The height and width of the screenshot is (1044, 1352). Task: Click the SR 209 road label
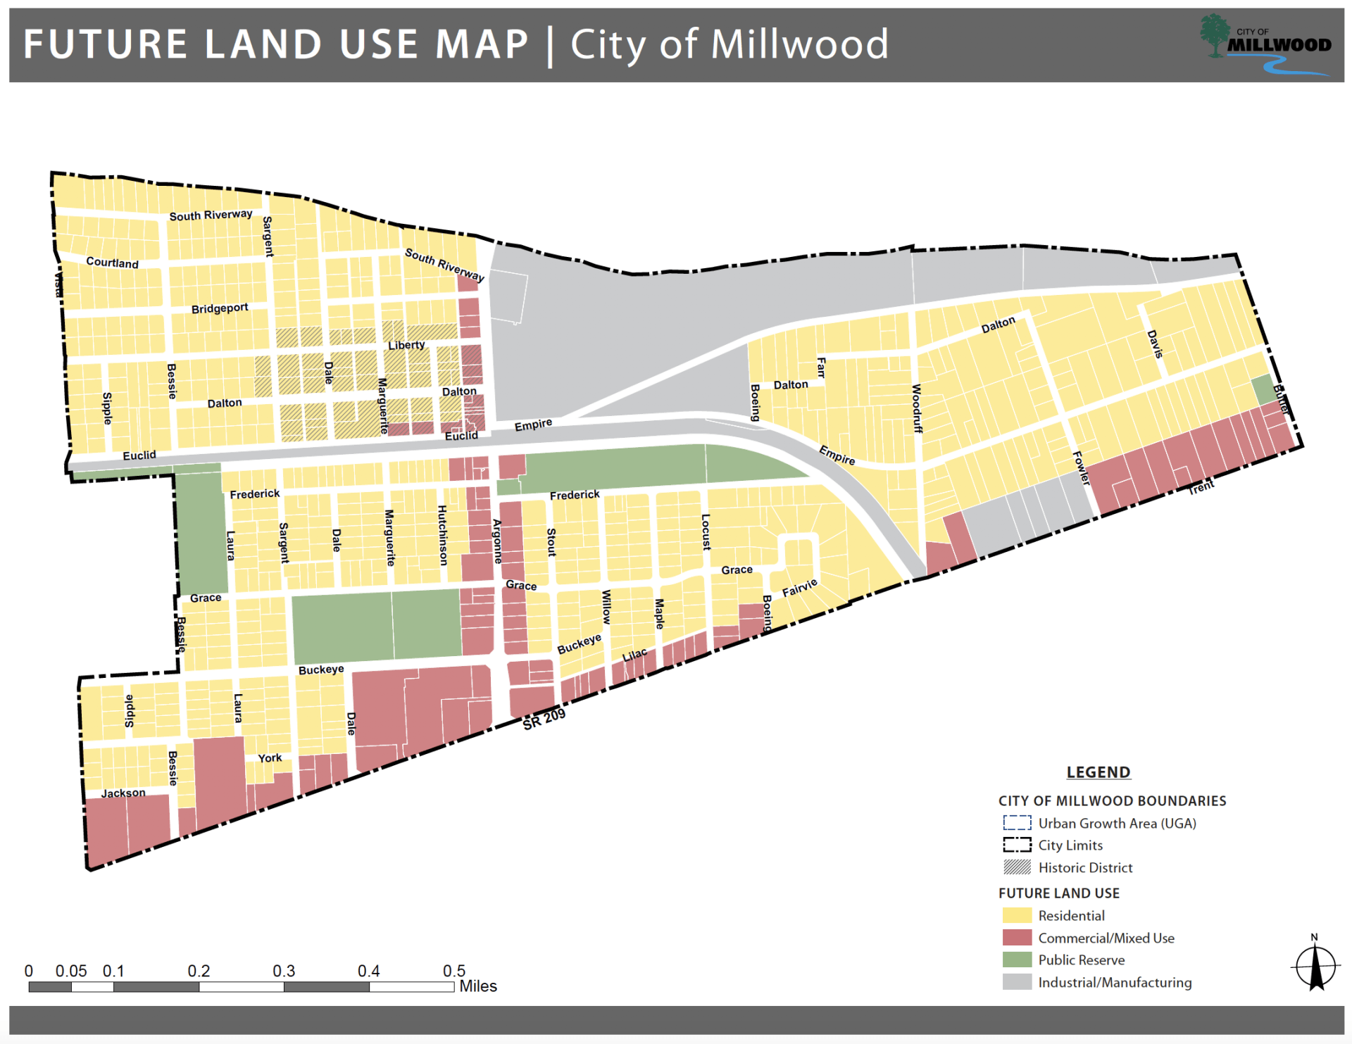tap(544, 719)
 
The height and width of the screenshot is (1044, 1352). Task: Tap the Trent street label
tap(1201, 487)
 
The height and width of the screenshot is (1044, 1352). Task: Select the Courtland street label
tap(112, 263)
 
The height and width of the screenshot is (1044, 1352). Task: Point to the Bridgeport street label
tap(220, 308)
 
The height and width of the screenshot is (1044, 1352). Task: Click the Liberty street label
tap(406, 345)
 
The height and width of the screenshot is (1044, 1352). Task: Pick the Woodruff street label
tap(916, 408)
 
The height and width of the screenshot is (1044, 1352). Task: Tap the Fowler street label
tap(1081, 468)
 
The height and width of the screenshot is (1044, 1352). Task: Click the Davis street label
tap(1155, 344)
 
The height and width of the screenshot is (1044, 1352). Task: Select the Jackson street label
tap(123, 793)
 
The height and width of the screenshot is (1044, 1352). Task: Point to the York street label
tap(270, 758)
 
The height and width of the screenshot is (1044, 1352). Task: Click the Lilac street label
tap(634, 655)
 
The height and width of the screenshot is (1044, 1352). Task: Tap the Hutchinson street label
tap(442, 535)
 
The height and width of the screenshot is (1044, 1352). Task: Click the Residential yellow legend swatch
tap(1017, 915)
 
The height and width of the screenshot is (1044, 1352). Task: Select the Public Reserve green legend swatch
tap(1017, 960)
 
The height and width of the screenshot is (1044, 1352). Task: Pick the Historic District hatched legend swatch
tap(1017, 867)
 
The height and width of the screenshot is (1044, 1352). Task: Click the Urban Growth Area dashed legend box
tap(1017, 823)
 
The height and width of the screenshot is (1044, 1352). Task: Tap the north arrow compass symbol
tap(1315, 967)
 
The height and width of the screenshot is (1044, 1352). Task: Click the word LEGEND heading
tap(1098, 772)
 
